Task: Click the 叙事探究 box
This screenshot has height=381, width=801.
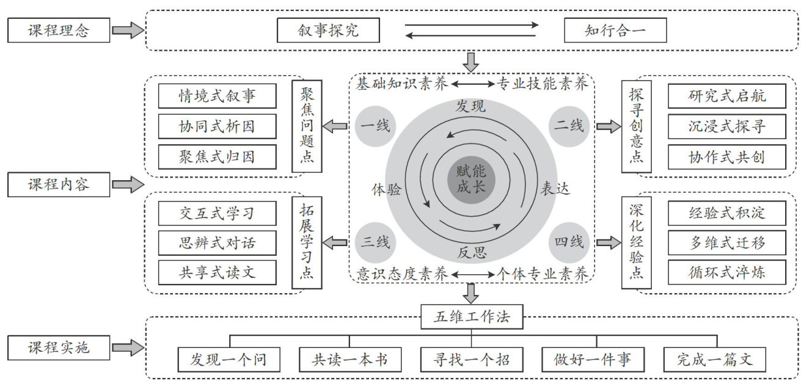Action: point(327,30)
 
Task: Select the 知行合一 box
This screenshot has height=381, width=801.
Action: point(615,30)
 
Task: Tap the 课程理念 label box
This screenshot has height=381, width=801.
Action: point(59,30)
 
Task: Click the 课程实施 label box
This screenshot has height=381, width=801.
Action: point(59,348)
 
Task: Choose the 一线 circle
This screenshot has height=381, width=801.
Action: point(375,126)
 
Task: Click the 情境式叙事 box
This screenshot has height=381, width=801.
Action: point(217,96)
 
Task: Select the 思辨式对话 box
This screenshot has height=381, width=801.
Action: point(217,243)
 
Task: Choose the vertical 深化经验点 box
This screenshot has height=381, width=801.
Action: point(635,242)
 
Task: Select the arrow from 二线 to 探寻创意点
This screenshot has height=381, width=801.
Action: point(607,126)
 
